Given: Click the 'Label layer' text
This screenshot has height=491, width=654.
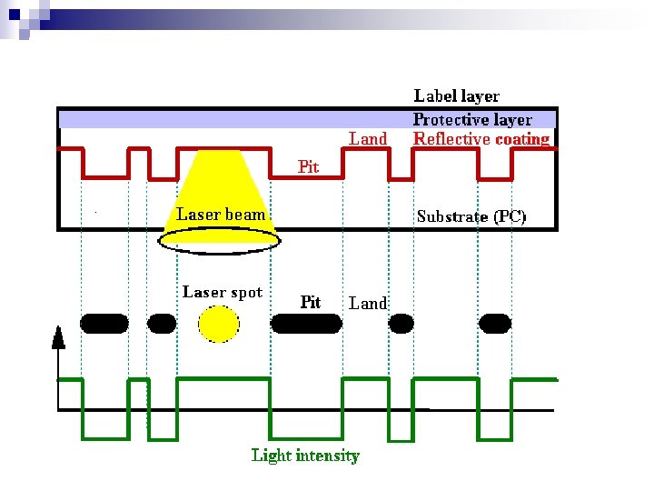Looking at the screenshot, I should coord(456,95).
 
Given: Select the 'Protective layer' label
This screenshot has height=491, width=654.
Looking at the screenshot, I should coord(472,119).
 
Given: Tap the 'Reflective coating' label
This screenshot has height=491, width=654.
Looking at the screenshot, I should coord(481,139).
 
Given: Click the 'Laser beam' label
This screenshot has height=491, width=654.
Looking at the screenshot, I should coord(221,215).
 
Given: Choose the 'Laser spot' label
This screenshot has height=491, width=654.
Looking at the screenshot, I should coord(223,292).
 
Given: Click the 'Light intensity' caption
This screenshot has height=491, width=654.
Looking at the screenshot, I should coord(305,456).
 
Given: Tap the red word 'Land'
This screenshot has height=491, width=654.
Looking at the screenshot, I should coord(368,138).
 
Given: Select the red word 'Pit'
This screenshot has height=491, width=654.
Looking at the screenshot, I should coord(309,166).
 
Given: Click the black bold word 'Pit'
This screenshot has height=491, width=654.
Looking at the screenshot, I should coord(310,302).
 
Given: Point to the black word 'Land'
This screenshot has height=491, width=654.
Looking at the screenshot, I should coord(368,303).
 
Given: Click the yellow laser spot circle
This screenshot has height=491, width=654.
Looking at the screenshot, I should coord(219,324).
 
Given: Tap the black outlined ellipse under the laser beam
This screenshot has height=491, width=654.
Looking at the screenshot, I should coord(219,239).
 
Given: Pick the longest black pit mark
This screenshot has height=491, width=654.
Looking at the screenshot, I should coord(305,323).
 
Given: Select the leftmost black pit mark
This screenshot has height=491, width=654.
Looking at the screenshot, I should coord(104,322).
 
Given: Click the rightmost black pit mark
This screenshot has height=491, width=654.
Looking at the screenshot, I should coord(496,322).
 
